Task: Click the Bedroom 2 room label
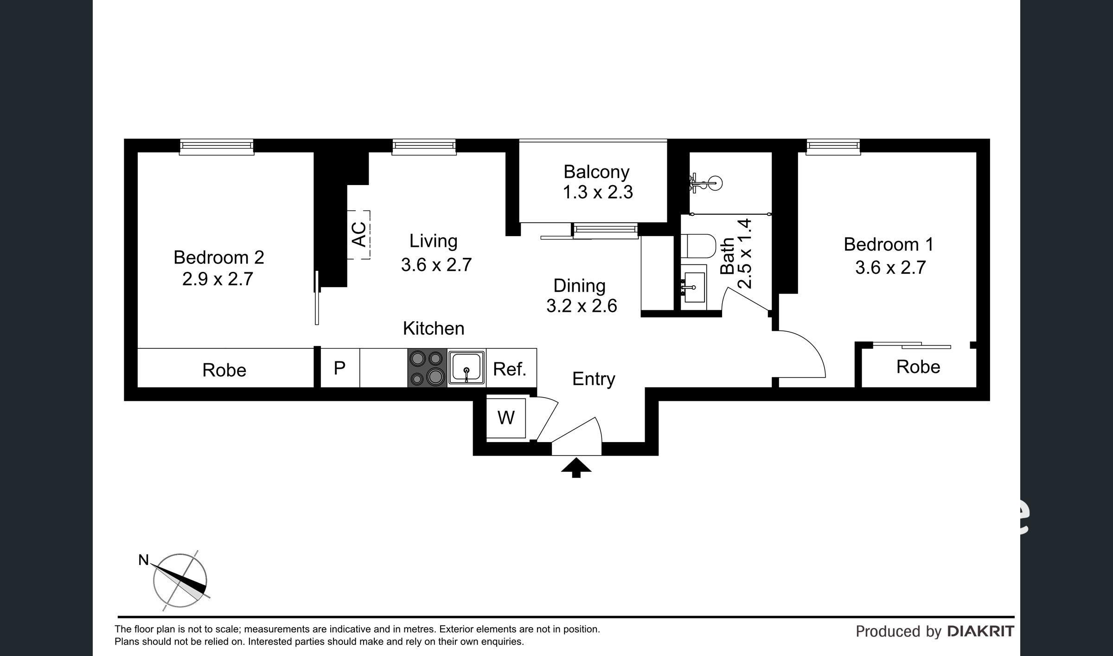[x=219, y=257]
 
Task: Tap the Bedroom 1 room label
[x=889, y=244]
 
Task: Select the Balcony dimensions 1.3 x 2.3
[x=598, y=192]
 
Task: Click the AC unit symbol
[x=359, y=235]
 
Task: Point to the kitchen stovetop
[x=427, y=368]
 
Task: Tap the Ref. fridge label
[x=510, y=369]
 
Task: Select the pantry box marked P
[x=340, y=368]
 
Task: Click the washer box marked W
[x=506, y=418]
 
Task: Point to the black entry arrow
[x=576, y=467]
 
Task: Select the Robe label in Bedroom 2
[x=224, y=370]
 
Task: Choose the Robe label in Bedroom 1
[x=918, y=367]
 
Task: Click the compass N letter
[x=144, y=560]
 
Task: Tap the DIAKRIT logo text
[x=980, y=631]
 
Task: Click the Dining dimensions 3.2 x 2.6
[x=582, y=306]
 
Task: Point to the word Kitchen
[x=434, y=328]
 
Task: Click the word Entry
[x=594, y=379]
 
